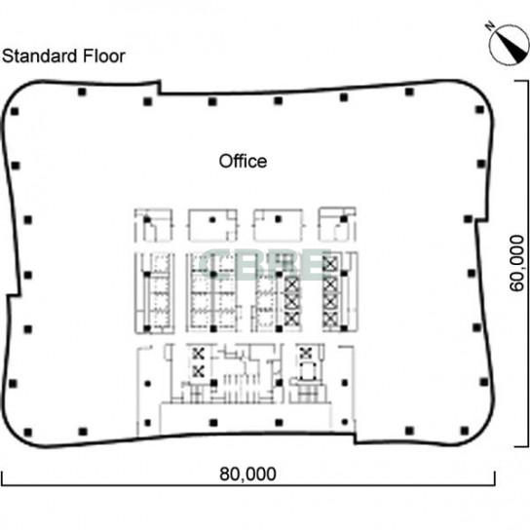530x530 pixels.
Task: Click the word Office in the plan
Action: pyautogui.click(x=243, y=161)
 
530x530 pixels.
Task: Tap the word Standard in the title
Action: pyautogui.click(x=40, y=57)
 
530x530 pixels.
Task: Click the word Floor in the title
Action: pyautogui.click(x=104, y=57)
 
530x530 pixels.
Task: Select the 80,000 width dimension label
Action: pyautogui.click(x=247, y=473)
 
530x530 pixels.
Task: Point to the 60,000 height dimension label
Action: pyautogui.click(x=517, y=263)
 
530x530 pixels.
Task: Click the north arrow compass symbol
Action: pyautogui.click(x=509, y=45)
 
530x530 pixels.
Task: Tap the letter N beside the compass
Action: pyautogui.click(x=490, y=25)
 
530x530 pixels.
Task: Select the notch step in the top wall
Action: pyautogui.click(x=160, y=88)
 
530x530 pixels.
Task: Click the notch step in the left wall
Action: pyautogui.click(x=14, y=296)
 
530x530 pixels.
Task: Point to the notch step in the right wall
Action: pyautogui.click(x=481, y=221)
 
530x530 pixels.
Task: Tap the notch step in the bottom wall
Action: pyautogui.click(x=355, y=438)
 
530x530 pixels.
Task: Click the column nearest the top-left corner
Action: pyautogui.click(x=15, y=111)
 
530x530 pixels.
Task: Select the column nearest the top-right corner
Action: pyautogui.click(x=479, y=109)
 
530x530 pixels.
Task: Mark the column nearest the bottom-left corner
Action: pyautogui.click(x=27, y=432)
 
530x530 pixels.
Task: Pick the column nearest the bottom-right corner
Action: pyautogui.click(x=465, y=431)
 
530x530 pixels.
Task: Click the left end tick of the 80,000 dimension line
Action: pyautogui.click(x=2, y=478)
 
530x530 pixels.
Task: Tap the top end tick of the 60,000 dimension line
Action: pyautogui.click(x=521, y=81)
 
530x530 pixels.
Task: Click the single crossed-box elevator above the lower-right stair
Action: pyautogui.click(x=306, y=354)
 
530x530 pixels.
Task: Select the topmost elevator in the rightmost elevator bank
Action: pyautogui.click(x=330, y=264)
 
